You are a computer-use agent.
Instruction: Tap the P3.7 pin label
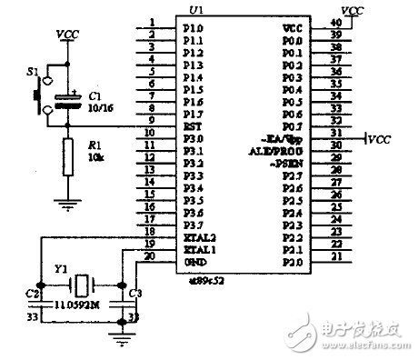coord(192,223)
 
